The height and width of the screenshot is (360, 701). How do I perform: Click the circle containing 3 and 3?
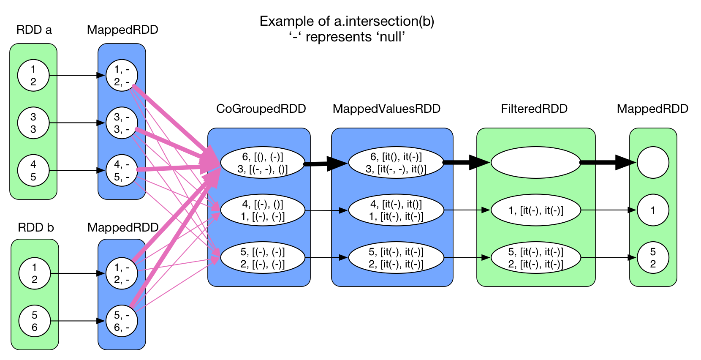coord(33,123)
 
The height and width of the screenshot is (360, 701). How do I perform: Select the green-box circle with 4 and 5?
coord(33,171)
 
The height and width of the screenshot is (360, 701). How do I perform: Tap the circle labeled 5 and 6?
coord(35,321)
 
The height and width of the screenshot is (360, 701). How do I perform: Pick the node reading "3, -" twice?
coord(122,123)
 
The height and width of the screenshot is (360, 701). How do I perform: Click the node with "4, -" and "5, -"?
coord(122,171)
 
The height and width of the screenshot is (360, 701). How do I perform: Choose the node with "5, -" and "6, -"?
coord(122,321)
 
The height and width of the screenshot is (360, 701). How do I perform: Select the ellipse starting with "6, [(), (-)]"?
coord(263,163)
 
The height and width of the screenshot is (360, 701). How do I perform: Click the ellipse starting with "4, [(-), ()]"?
coord(263,210)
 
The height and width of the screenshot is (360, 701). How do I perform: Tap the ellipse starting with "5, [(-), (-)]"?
coord(263,258)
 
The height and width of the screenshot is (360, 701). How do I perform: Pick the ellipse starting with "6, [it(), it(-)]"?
coord(396,163)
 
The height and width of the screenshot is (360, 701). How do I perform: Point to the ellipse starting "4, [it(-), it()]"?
coord(396,210)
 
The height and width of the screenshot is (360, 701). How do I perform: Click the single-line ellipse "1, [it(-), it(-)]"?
coord(536,210)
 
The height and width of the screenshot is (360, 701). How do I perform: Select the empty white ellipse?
coord(536,162)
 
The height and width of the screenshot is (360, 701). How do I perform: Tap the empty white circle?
coord(653,162)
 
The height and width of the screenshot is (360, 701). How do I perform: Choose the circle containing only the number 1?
coord(653,210)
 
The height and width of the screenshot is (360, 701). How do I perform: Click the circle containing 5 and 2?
coord(653,258)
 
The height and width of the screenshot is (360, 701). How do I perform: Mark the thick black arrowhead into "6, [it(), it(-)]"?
coord(340,163)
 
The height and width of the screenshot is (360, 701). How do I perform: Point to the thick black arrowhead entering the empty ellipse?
coord(484,162)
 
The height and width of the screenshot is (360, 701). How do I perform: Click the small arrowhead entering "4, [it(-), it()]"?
coord(343,210)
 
